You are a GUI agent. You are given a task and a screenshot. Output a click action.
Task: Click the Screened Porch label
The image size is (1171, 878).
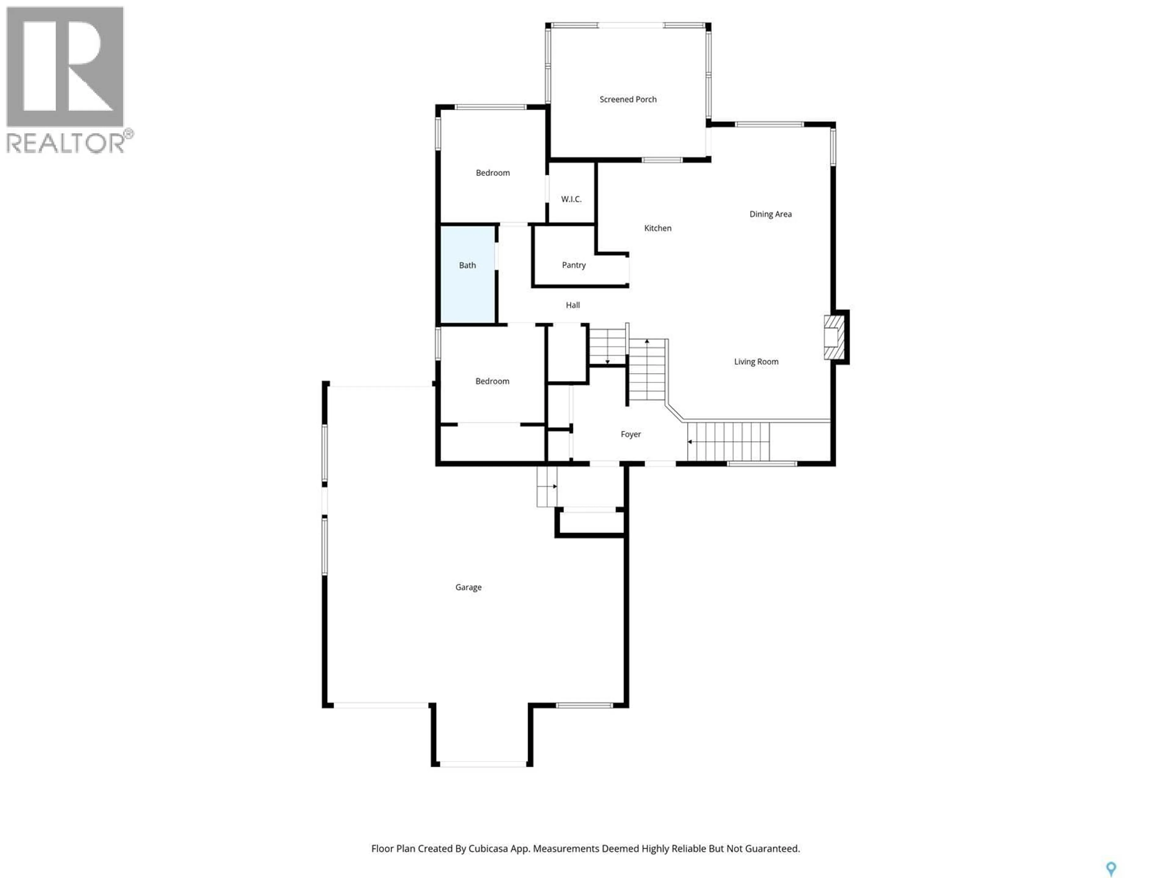pyautogui.click(x=628, y=99)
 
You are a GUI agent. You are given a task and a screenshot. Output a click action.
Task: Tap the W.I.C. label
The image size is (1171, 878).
pyautogui.click(x=571, y=199)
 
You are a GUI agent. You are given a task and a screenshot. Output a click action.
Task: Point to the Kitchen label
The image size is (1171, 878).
pyautogui.click(x=657, y=228)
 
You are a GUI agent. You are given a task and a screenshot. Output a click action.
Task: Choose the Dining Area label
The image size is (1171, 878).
pyautogui.click(x=770, y=214)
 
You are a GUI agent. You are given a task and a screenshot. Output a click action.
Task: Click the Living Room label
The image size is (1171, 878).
pyautogui.click(x=756, y=362)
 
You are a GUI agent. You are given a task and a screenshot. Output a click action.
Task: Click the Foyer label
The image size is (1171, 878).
pyautogui.click(x=631, y=434)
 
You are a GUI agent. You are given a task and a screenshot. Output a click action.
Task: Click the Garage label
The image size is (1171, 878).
pyautogui.click(x=468, y=587)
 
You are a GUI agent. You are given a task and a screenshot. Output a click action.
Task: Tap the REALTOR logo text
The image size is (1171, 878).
pyautogui.click(x=66, y=143)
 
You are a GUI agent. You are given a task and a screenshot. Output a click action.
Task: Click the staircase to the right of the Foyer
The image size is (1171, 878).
pyautogui.click(x=729, y=441)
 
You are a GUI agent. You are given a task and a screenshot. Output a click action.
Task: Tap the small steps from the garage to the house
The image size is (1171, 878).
pyautogui.click(x=547, y=486)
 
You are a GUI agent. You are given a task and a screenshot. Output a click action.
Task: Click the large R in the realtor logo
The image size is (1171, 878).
pyautogui.click(x=65, y=66)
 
